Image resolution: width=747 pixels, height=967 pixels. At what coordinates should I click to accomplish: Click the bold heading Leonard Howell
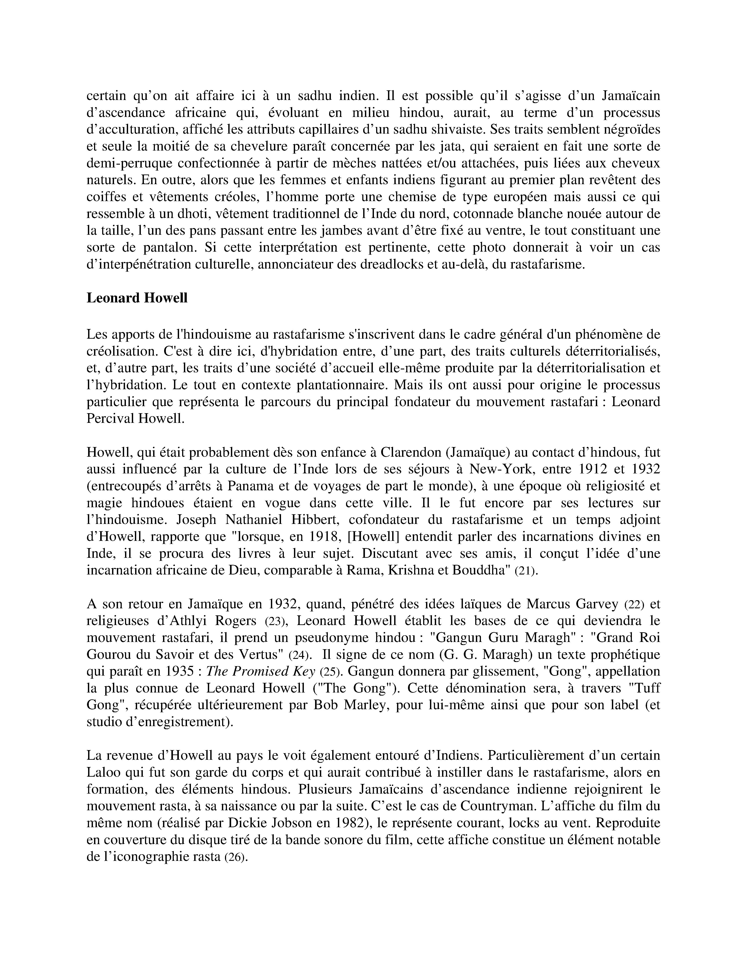[x=137, y=298]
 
